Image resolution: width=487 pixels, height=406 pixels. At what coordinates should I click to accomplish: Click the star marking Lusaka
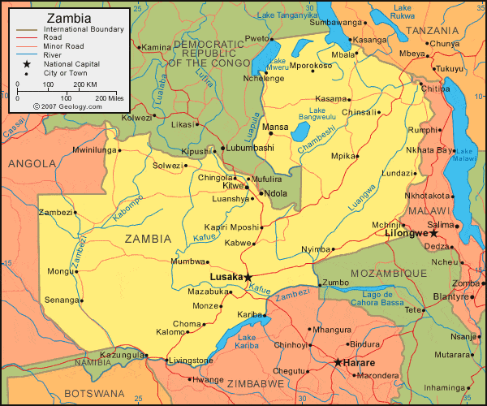249,277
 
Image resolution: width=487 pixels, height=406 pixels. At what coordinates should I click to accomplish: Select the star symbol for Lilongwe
434,233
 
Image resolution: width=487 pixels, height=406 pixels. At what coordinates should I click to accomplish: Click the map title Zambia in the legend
70,18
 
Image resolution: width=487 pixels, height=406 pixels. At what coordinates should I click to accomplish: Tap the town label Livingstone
192,361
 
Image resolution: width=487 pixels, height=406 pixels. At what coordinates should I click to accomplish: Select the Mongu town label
59,271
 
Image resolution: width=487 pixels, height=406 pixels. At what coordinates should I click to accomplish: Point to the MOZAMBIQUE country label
389,274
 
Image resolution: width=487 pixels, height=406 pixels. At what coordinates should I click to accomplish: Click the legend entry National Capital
72,63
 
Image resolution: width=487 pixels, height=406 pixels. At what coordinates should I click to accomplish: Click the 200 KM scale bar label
84,84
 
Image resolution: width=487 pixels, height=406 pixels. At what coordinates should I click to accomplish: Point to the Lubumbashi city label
250,148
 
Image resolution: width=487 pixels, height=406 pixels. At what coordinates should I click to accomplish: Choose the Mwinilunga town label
94,150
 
